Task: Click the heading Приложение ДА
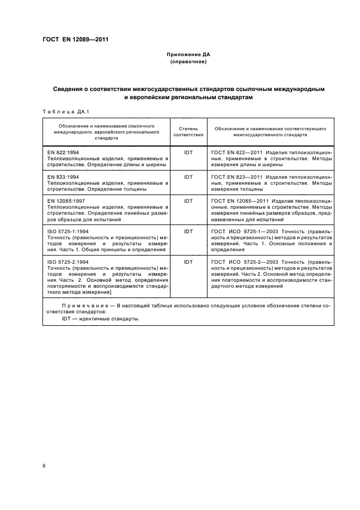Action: point(188,55)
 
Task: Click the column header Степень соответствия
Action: point(188,131)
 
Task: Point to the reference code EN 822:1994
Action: point(63,153)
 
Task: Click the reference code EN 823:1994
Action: point(63,177)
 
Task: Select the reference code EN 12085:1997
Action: point(66,201)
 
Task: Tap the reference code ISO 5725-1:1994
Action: point(68,231)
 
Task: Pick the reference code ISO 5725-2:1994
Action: point(68,262)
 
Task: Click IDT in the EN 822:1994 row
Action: point(188,153)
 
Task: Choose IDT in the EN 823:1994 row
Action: point(188,177)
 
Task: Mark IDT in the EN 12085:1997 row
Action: point(188,201)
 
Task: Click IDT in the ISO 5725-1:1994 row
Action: point(188,231)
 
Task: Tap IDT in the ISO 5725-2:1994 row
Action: point(188,262)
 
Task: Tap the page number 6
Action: point(44,466)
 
